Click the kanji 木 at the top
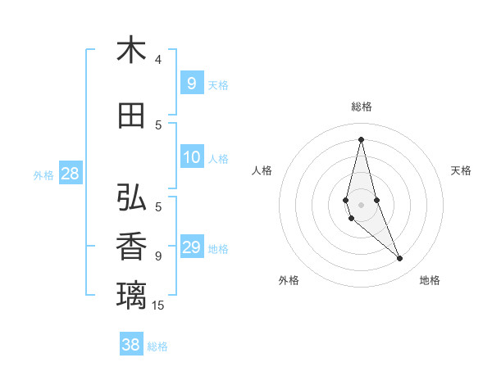click(x=131, y=50)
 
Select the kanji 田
click(x=131, y=115)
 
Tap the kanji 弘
click(x=131, y=197)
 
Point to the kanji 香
click(x=131, y=247)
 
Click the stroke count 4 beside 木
click(x=158, y=59)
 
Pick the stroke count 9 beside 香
click(x=158, y=256)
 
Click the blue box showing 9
click(x=192, y=84)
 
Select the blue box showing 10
click(x=192, y=157)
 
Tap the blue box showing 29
click(x=192, y=247)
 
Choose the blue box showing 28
click(x=70, y=174)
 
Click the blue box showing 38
click(x=131, y=345)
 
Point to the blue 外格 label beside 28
click(x=43, y=174)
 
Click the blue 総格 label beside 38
click(x=157, y=346)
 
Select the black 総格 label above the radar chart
click(x=361, y=106)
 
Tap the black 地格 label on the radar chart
click(x=430, y=280)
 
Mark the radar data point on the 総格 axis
click(x=361, y=139)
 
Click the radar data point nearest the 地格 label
click(x=400, y=259)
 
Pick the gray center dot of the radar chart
click(x=361, y=205)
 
